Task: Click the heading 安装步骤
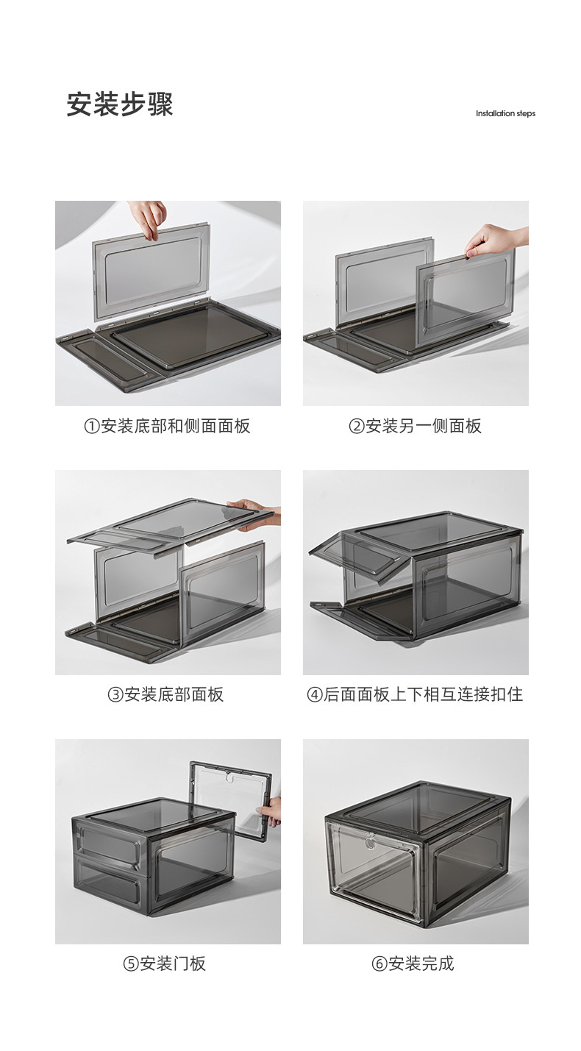click(120, 104)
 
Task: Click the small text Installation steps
click(505, 113)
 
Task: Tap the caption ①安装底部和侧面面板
click(167, 426)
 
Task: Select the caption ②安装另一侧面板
click(415, 426)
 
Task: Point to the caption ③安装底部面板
click(166, 694)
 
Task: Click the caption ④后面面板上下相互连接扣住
click(415, 694)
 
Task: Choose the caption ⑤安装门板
click(165, 963)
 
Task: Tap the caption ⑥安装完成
click(413, 963)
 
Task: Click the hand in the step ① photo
click(149, 218)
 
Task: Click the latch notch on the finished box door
click(369, 836)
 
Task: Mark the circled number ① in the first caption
click(91, 427)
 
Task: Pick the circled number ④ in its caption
click(314, 695)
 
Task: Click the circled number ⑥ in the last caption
click(379, 964)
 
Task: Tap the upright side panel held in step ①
click(152, 269)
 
